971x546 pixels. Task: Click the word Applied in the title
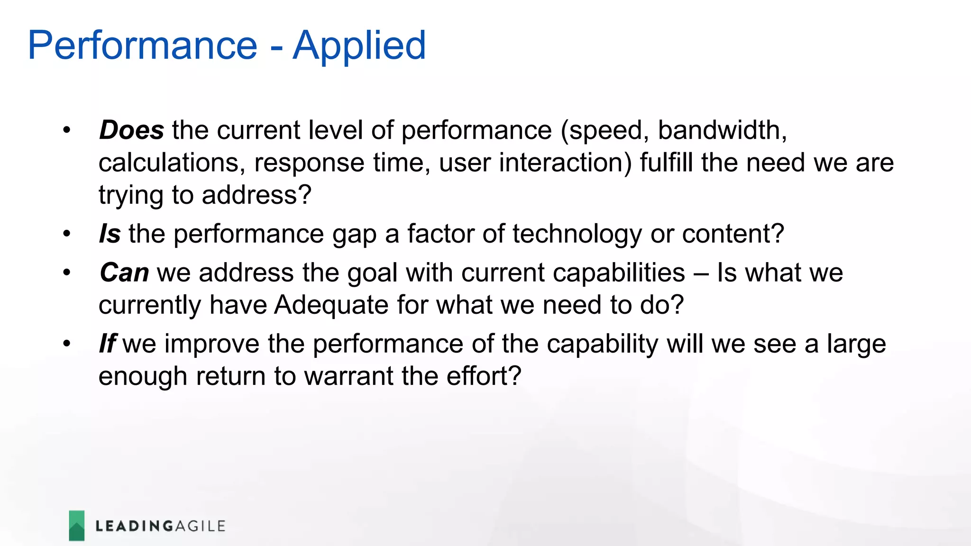coord(359,46)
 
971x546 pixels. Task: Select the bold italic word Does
coord(131,130)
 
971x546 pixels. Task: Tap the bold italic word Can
coord(124,273)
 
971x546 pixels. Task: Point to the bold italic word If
coord(107,344)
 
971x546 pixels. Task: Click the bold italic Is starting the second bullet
coord(110,234)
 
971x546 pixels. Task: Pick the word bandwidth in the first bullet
coord(721,130)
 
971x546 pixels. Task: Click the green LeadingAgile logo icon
coord(77,526)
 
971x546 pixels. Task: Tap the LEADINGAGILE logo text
coord(160,526)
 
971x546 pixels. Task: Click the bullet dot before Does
coord(67,130)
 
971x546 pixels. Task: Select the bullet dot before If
coord(67,344)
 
